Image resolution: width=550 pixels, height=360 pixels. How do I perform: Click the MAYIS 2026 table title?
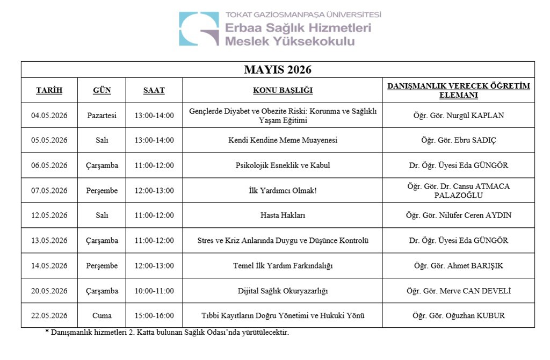[278, 70]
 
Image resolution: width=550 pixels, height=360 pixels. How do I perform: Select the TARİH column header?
[49, 90]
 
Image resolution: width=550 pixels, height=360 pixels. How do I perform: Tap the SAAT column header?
[154, 90]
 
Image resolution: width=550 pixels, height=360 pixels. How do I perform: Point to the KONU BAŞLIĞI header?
[283, 90]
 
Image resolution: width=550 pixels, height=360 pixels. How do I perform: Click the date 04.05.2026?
[49, 116]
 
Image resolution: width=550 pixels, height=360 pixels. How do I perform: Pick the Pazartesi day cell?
[102, 116]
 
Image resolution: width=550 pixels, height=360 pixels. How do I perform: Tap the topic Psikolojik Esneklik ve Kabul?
[283, 165]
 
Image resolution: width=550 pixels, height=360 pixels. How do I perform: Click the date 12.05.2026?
[49, 215]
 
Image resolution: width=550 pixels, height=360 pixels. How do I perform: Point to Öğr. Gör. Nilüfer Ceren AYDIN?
[459, 215]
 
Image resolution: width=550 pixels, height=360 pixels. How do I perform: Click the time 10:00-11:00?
[154, 291]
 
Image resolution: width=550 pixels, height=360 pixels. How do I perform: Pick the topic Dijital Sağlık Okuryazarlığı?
[283, 291]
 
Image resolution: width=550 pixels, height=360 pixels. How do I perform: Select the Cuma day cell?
[102, 316]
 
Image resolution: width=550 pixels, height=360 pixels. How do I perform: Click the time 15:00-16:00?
[154, 316]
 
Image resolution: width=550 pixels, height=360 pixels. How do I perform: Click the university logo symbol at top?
[199, 29]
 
